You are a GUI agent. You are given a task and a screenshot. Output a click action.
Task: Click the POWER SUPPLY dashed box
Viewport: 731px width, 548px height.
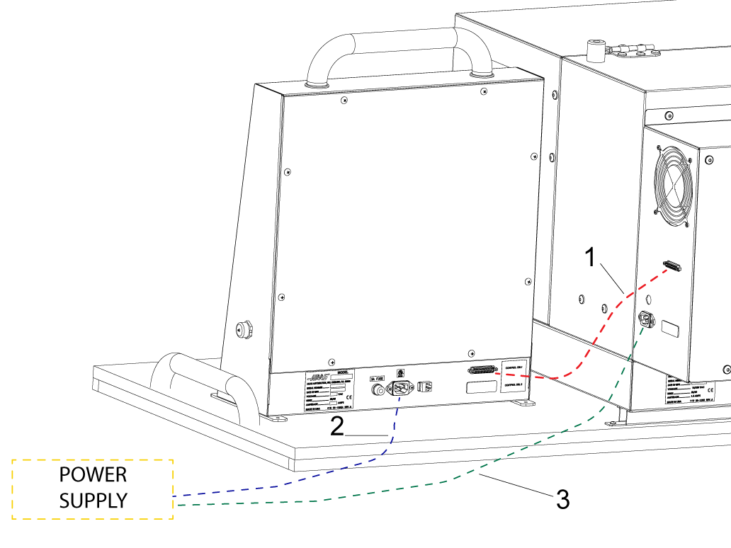(93, 489)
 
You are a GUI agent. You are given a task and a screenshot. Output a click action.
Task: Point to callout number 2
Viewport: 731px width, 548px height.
(338, 425)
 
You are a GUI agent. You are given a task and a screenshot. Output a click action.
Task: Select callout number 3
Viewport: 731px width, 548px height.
(562, 499)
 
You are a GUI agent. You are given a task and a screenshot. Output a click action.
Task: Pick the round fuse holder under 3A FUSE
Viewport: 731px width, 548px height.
(380, 389)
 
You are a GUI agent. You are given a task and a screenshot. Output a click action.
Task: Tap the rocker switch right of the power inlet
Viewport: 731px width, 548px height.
(424, 387)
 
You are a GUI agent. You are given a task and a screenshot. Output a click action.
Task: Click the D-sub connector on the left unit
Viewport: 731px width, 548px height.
(482, 371)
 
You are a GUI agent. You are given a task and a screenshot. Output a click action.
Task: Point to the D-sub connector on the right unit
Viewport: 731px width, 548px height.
(671, 267)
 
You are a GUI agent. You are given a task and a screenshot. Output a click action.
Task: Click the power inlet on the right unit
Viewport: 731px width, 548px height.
(646, 320)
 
